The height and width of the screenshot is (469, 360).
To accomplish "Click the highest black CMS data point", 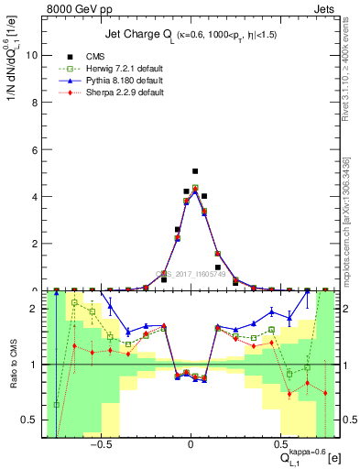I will point(195,171).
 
